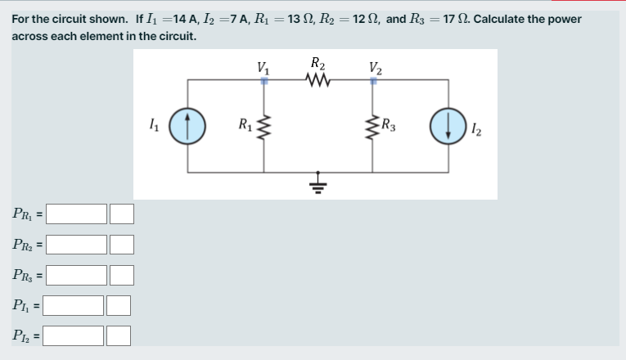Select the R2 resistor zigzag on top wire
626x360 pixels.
(x=316, y=79)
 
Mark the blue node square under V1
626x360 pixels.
(x=263, y=80)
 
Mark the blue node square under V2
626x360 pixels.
(x=374, y=80)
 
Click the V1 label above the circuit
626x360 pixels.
(x=262, y=66)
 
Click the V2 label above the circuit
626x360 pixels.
(x=374, y=66)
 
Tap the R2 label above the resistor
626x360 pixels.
(x=318, y=62)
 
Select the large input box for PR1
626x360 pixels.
(x=77, y=214)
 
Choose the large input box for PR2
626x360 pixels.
(x=77, y=245)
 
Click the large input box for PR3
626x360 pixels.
(x=77, y=274)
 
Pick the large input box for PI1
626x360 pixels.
(x=74, y=305)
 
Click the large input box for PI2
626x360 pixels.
(x=74, y=335)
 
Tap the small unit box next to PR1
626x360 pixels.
(x=122, y=214)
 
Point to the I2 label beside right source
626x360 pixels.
(x=477, y=129)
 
